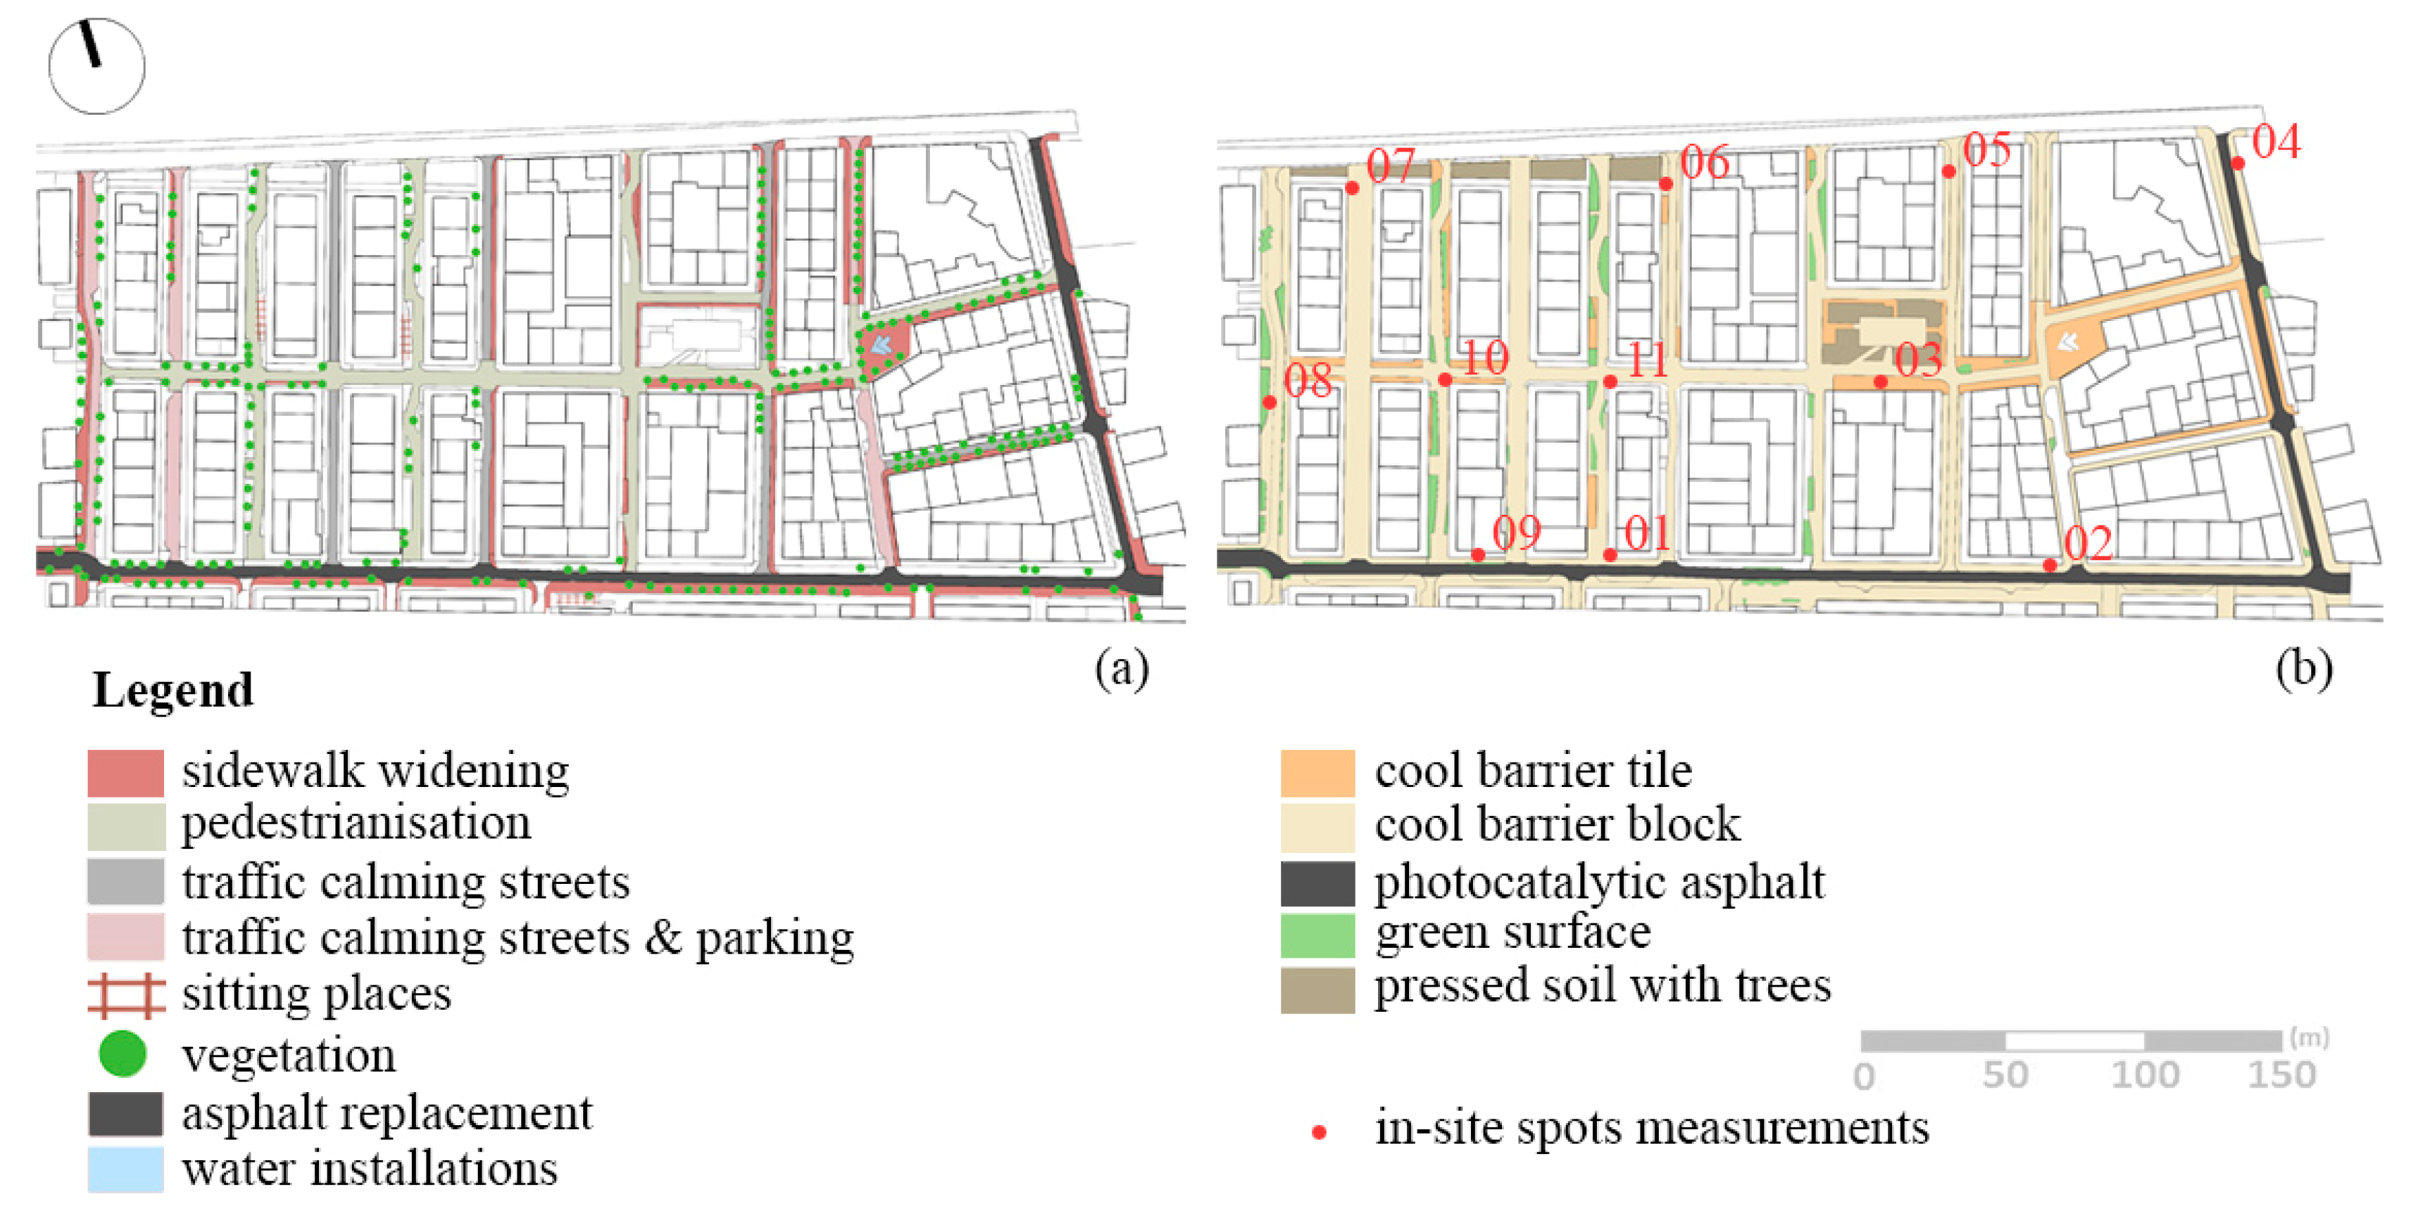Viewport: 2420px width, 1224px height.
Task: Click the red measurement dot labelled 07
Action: click(x=1352, y=188)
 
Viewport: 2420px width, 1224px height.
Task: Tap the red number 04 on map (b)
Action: click(x=2275, y=142)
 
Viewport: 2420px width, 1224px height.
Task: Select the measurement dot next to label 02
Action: click(x=2050, y=565)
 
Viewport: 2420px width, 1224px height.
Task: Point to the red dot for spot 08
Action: click(x=1269, y=402)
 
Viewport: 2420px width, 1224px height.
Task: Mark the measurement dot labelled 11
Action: click(x=1610, y=382)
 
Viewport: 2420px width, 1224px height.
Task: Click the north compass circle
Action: click(x=97, y=66)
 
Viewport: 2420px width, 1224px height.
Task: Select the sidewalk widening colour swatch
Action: click(x=126, y=772)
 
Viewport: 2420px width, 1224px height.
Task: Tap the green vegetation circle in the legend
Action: click(x=122, y=1053)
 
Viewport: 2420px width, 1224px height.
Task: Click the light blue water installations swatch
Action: click(x=126, y=1169)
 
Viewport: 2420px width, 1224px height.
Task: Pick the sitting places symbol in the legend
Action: click(x=126, y=996)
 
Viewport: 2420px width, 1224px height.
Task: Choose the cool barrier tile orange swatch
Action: click(x=1317, y=772)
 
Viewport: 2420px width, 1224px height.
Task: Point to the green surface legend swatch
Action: click(x=1317, y=935)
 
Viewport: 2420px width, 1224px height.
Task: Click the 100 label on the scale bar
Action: click(x=2145, y=1074)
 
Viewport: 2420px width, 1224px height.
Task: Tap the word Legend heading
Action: click(x=173, y=691)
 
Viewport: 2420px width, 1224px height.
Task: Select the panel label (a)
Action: click(x=1122, y=669)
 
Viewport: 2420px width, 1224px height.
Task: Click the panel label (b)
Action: click(x=2303, y=669)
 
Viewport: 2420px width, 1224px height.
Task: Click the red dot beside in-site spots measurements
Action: click(x=1319, y=1132)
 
